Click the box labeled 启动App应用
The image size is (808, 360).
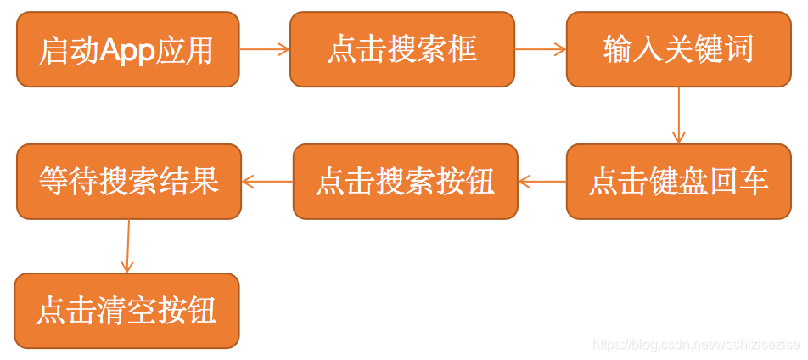127,49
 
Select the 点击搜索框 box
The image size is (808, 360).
402,49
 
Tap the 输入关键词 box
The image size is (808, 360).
678,49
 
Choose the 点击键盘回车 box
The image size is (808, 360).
678,182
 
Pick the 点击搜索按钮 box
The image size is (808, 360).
405,182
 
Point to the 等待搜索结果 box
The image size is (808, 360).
129,182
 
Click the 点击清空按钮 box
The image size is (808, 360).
126,311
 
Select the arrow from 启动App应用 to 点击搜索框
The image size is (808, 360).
265,49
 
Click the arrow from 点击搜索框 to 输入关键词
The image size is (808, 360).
541,49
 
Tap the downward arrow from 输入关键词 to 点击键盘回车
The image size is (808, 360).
678,115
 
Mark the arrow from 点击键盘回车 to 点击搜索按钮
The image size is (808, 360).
542,182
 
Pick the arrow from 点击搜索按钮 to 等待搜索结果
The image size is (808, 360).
267,182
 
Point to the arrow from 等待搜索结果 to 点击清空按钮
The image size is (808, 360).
128,246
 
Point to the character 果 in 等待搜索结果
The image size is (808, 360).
205,182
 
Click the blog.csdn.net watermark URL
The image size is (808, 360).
696,345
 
